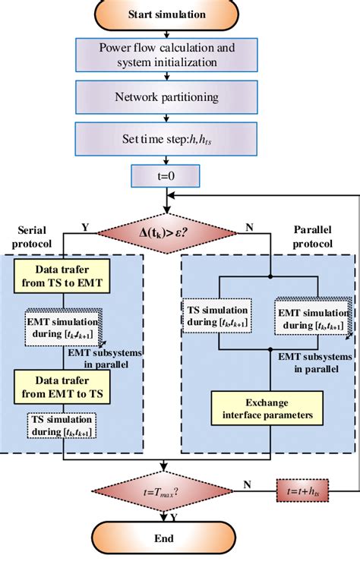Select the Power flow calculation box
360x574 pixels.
click(166, 55)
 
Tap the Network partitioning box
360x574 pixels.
click(166, 97)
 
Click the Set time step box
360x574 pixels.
click(166, 139)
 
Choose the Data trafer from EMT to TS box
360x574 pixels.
click(65, 381)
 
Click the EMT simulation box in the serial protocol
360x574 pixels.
click(63, 323)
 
